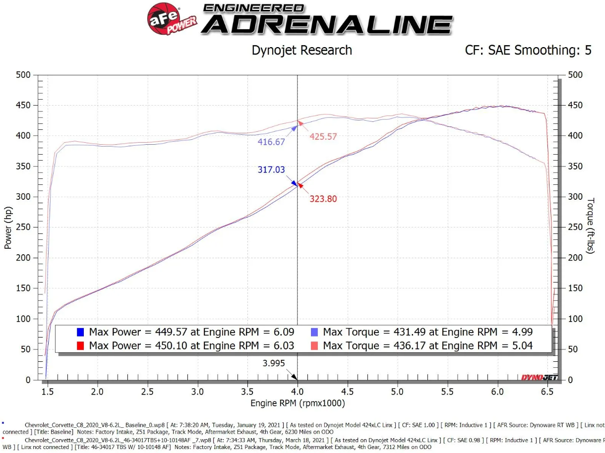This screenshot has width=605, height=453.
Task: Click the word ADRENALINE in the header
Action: pyautogui.click(x=327, y=24)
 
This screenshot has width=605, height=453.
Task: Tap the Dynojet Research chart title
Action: pyautogui.click(x=302, y=50)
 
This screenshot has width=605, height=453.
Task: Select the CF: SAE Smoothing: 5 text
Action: pyautogui.click(x=528, y=50)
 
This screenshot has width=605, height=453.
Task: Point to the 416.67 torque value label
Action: pyautogui.click(x=271, y=142)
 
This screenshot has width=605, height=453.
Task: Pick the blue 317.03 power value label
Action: pyautogui.click(x=271, y=170)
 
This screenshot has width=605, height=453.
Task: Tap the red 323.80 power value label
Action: pyautogui.click(x=323, y=199)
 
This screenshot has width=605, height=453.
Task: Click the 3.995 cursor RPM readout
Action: pyautogui.click(x=274, y=363)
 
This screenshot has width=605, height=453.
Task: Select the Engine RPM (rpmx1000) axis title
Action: pyautogui.click(x=298, y=403)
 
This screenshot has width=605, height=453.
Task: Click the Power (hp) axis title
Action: pyautogui.click(x=8, y=227)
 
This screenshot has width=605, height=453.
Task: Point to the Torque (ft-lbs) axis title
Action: pyautogui.click(x=591, y=226)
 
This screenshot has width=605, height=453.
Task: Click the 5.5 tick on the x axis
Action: pyautogui.click(x=447, y=392)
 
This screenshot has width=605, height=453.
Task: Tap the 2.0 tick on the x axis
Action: pyautogui.click(x=98, y=392)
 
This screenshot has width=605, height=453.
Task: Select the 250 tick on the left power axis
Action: pyautogui.click(x=24, y=227)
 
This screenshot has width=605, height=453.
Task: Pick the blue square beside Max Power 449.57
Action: pyautogui.click(x=81, y=332)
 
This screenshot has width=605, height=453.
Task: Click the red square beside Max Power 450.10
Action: pyautogui.click(x=81, y=345)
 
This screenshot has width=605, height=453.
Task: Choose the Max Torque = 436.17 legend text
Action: pyautogui.click(x=427, y=345)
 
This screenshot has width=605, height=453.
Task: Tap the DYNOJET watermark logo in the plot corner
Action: pyautogui.click(x=539, y=378)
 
